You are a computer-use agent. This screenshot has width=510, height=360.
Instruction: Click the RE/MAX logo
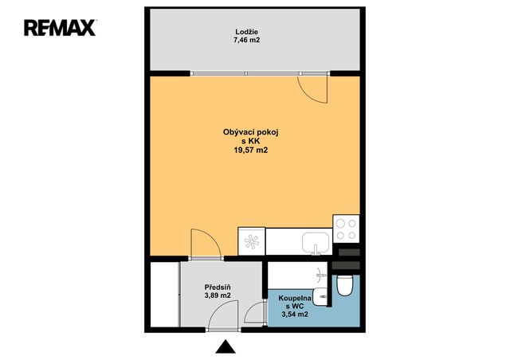(x=60, y=28)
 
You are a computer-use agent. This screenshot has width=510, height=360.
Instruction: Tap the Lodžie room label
(x=246, y=32)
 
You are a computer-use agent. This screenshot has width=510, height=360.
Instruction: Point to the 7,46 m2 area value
(x=246, y=41)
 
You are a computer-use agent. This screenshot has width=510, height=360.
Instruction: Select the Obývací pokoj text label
(x=250, y=132)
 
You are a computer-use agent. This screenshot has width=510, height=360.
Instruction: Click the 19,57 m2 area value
(x=250, y=150)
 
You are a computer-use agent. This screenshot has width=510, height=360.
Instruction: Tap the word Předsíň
(x=218, y=288)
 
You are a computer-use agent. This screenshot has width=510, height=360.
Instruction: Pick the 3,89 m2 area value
(x=218, y=295)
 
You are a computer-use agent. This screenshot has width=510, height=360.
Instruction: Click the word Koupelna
(x=295, y=298)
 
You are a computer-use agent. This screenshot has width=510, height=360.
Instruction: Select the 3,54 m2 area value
(x=295, y=315)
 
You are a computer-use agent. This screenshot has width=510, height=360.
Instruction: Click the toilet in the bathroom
(x=344, y=285)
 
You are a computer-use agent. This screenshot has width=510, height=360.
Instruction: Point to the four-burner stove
(x=346, y=229)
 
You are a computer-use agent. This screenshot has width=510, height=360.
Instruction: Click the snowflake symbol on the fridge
(x=252, y=241)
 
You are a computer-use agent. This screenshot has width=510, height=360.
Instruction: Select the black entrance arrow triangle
(x=226, y=347)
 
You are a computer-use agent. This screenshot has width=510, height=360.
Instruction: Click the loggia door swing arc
(x=309, y=96)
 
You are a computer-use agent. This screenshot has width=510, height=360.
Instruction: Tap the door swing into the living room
(x=212, y=237)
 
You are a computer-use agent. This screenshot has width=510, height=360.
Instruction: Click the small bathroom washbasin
(x=320, y=296)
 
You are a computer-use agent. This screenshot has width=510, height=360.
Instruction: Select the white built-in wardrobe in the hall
(x=165, y=295)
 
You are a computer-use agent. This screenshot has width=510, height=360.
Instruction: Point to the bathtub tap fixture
(x=321, y=275)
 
